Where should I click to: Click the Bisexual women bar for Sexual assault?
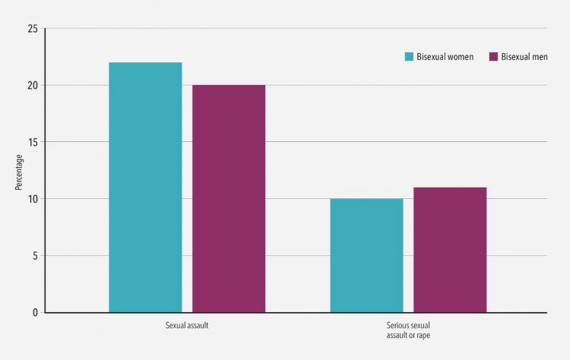click(x=145, y=187)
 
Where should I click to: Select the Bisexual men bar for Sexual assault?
click(x=229, y=198)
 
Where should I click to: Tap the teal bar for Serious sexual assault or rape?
click(x=366, y=255)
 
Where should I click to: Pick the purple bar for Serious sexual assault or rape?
click(x=450, y=249)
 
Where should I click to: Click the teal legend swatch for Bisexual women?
click(x=409, y=57)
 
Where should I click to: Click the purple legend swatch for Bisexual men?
click(x=493, y=57)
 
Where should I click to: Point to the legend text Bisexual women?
click(x=445, y=57)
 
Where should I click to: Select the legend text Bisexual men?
click(x=524, y=57)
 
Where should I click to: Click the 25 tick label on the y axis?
click(x=33, y=29)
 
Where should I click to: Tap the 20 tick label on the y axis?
click(x=33, y=85)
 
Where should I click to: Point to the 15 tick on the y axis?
click(x=33, y=142)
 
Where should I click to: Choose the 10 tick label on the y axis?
click(x=33, y=199)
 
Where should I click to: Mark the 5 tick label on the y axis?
click(x=35, y=255)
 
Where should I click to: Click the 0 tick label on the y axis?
click(x=35, y=312)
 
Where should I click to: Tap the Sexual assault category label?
click(x=187, y=326)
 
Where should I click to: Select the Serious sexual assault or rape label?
click(x=408, y=330)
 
